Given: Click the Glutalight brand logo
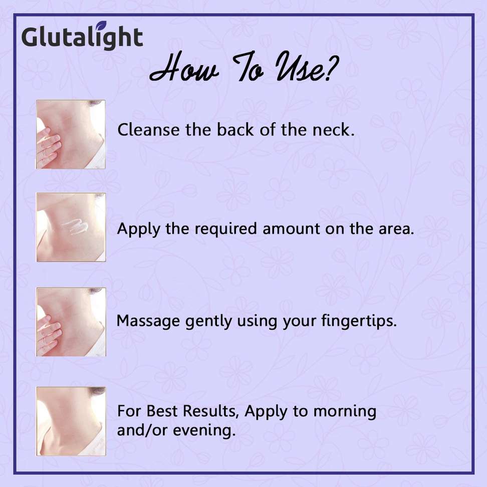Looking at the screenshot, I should pyautogui.click(x=82, y=37).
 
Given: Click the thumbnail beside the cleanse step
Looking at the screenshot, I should pyautogui.click(x=71, y=134).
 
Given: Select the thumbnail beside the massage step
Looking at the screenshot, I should pyautogui.click(x=71, y=322).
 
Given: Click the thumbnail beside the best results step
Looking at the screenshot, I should pyautogui.click(x=71, y=421).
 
